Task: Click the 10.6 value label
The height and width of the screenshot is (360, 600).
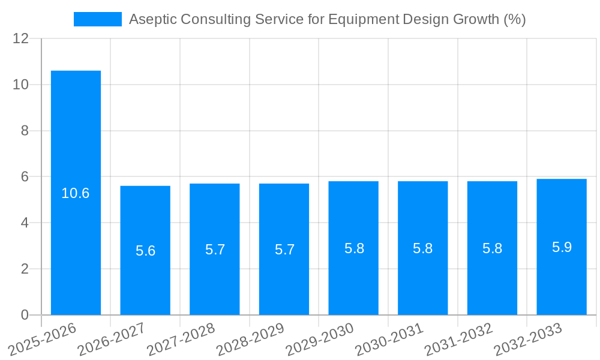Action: [x=76, y=193]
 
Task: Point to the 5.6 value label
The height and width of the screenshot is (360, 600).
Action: [x=145, y=251]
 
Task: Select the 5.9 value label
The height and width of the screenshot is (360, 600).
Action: [x=562, y=247]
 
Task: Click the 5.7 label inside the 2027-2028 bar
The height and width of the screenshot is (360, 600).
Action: [x=215, y=250]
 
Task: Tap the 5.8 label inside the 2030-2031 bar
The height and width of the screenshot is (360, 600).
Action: [x=423, y=248]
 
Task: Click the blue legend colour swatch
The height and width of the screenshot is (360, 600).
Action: [x=97, y=19]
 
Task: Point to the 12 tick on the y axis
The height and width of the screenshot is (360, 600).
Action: [x=21, y=38]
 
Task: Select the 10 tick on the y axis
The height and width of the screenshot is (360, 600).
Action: [x=21, y=85]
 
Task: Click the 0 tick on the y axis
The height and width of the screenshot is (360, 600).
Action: [x=25, y=315]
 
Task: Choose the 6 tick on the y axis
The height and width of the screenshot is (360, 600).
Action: [x=25, y=177]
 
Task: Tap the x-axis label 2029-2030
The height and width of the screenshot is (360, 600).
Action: [x=320, y=339]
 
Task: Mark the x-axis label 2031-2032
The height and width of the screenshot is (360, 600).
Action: [x=459, y=339]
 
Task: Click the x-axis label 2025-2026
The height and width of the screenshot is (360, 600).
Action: [x=43, y=339]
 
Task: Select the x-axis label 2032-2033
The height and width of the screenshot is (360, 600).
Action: [x=528, y=339]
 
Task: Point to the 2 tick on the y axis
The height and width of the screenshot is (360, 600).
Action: [x=25, y=269]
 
